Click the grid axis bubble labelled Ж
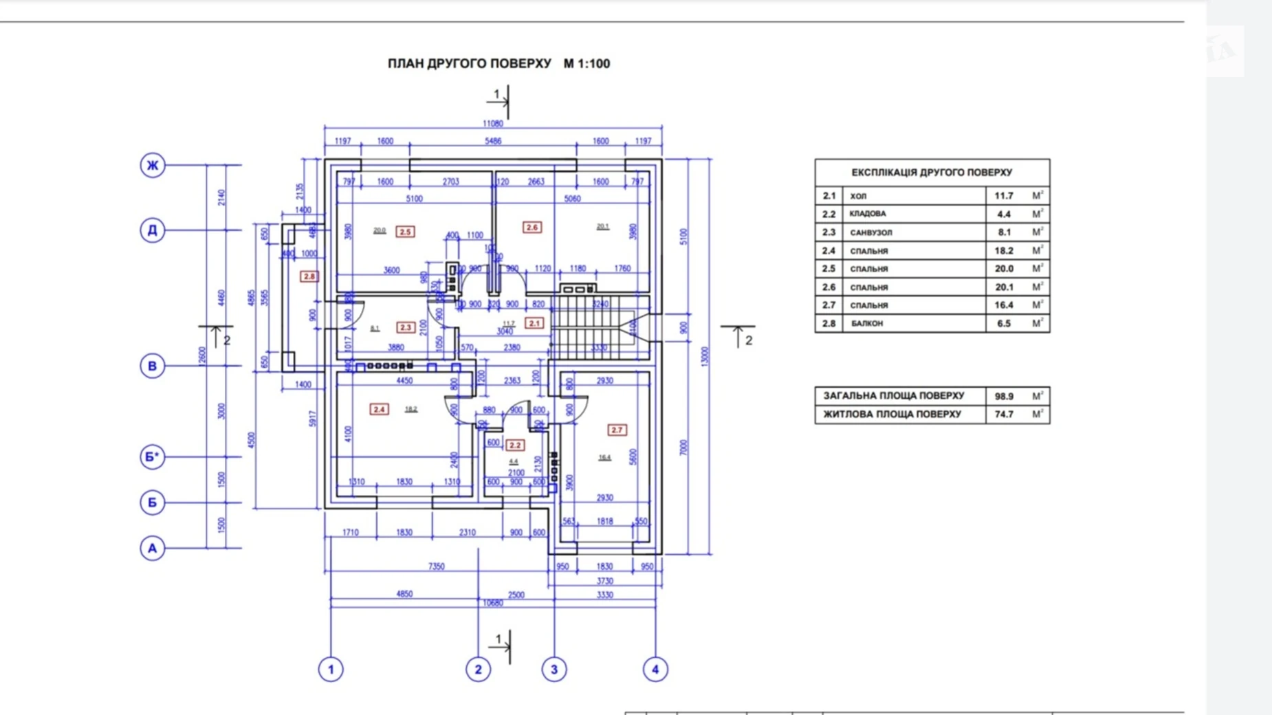point(153,165)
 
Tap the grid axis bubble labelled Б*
point(153,456)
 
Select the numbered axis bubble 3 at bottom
point(554,669)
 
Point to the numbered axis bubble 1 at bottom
point(331,669)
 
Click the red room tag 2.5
point(406,232)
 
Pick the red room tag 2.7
point(617,430)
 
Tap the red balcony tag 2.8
point(309,276)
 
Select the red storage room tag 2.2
point(515,445)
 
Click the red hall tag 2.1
point(534,322)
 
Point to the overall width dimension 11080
point(493,124)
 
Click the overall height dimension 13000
point(704,356)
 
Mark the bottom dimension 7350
point(437,566)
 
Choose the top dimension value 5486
point(493,141)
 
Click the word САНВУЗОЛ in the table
point(870,232)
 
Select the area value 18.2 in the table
point(1004,251)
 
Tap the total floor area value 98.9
point(1004,396)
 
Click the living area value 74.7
point(1004,415)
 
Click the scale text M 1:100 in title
point(586,63)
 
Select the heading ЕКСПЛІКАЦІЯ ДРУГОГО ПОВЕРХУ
point(932,173)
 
